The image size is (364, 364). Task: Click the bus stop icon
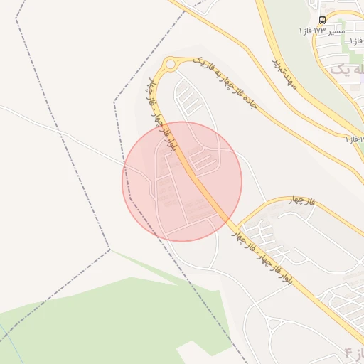click(323, 21)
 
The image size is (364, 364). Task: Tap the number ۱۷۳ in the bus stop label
click(318, 31)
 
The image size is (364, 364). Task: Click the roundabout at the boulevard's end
click(170, 65)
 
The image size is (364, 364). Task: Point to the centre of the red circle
click(182, 181)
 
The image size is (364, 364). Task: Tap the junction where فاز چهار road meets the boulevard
click(235, 226)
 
